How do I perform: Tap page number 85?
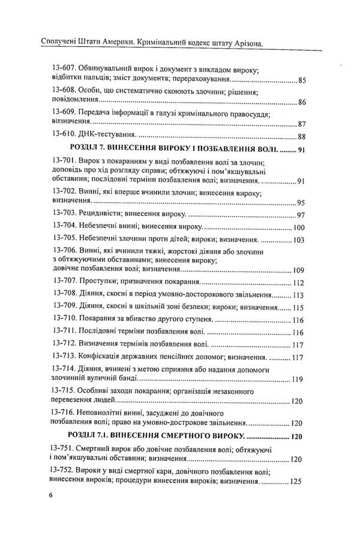tap(302, 80)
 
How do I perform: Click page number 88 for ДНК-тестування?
tap(302, 136)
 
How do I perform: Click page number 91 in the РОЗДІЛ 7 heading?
tap(302, 149)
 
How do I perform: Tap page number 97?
tap(302, 215)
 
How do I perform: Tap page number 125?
tap(299, 481)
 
